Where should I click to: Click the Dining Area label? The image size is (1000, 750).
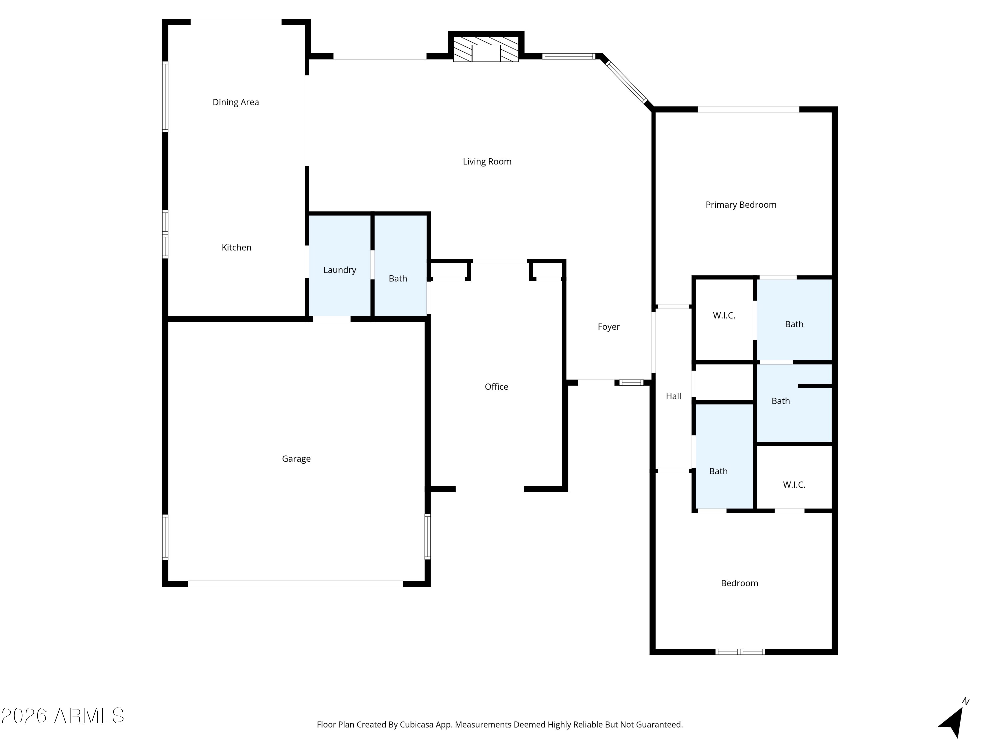236,102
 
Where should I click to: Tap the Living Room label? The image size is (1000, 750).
487,161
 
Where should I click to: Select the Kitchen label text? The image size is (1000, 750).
236,247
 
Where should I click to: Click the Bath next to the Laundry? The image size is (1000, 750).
401,265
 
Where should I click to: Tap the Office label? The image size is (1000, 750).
496,387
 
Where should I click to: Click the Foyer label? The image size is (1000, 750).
608,326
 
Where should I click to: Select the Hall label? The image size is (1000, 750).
673,396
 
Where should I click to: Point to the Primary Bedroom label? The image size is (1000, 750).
741,205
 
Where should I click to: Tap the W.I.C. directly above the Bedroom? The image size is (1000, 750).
794,485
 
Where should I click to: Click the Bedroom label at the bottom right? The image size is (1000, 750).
739,583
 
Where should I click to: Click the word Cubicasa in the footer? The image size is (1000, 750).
416,725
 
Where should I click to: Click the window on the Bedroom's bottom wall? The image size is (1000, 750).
740,651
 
